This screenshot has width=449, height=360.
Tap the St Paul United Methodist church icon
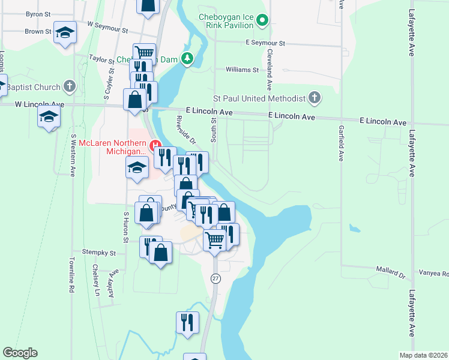[314, 98]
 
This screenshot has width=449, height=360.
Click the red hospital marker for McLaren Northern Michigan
[155, 145]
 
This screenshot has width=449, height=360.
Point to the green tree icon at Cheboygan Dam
[188, 58]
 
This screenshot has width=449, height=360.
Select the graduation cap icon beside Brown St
[65, 32]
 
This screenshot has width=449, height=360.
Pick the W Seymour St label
[108, 26]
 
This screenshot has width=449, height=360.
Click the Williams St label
[242, 70]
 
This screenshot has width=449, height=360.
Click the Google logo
[20, 353]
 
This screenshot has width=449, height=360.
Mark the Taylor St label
[101, 59]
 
